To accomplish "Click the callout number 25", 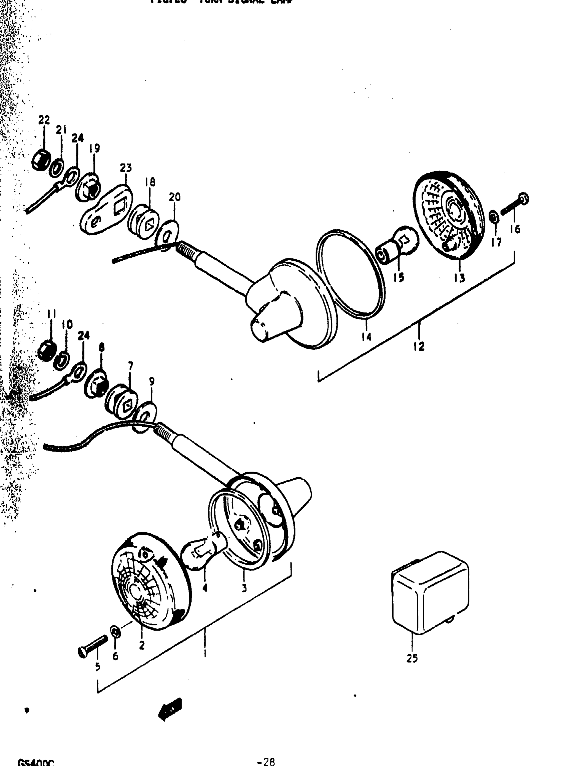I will point(412,659).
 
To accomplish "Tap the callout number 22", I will point(44,120).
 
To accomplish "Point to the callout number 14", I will point(367,337).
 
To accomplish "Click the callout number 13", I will point(459,278).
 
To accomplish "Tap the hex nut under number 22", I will point(40,160).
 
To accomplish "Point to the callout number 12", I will point(419,346).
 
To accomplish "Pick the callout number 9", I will point(152,381).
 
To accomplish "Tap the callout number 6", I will point(115,656).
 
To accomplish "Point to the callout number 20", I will point(174,197).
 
